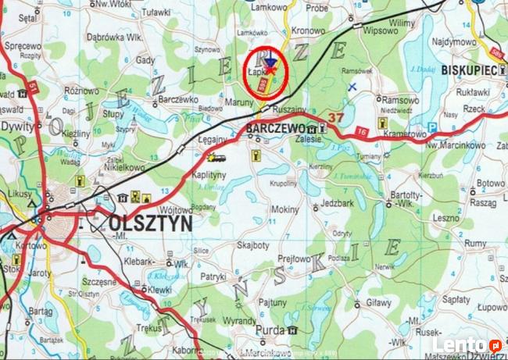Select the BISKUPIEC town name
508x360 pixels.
pos(468,70)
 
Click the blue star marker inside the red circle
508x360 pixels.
pos(270,63)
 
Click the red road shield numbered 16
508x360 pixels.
pos(360,130)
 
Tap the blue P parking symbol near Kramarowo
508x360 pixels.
pos(431,127)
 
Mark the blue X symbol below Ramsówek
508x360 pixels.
pos(352,87)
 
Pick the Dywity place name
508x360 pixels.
pos(17,125)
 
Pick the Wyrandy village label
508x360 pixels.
pos(217,321)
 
